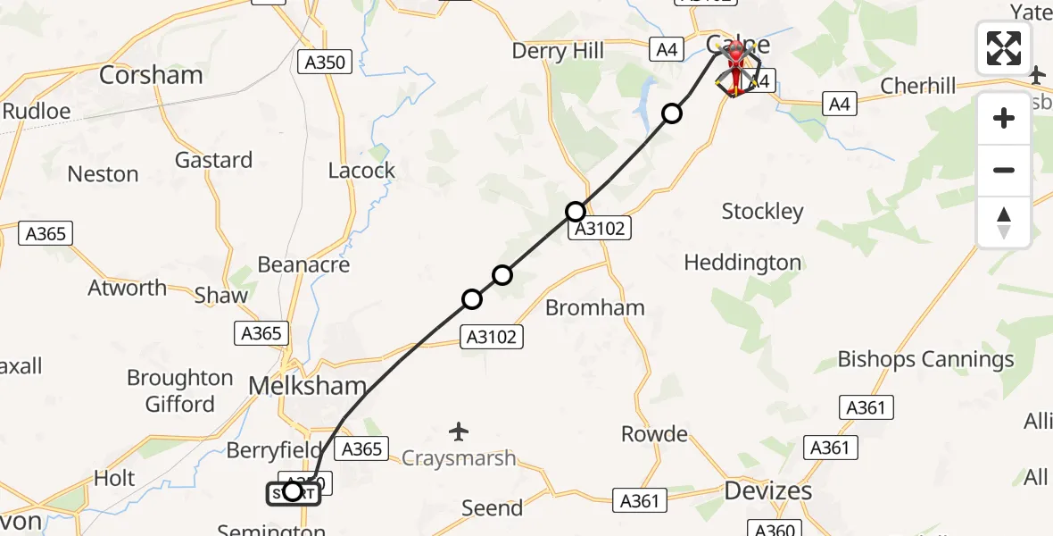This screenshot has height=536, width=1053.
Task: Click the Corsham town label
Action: click(152, 75)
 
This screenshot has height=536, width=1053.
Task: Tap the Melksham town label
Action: click(309, 387)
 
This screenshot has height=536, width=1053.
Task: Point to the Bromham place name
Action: click(594, 308)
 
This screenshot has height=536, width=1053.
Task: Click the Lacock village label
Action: click(361, 171)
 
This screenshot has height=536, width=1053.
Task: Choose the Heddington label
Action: click(742, 263)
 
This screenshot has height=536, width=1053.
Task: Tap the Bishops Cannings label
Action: click(925, 359)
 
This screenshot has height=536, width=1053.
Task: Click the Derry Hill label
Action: click(558, 51)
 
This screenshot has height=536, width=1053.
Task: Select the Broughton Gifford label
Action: click(180, 390)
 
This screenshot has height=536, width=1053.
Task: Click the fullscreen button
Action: click(1004, 48)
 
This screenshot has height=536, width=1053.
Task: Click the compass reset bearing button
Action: click(1004, 222)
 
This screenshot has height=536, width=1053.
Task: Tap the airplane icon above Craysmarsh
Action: click(459, 432)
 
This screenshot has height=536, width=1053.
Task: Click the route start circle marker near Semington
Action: click(292, 490)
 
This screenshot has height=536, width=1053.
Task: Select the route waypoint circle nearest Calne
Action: click(672, 113)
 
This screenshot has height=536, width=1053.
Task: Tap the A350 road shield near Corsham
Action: click(328, 63)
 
